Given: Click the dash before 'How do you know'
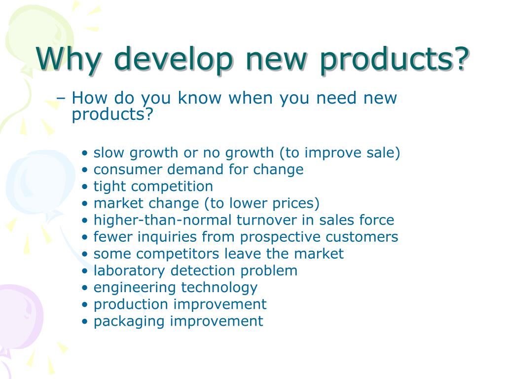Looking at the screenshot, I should coord(62,98).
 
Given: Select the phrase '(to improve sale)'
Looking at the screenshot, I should coord(340,153).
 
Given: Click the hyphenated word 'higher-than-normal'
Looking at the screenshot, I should coord(163,220).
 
